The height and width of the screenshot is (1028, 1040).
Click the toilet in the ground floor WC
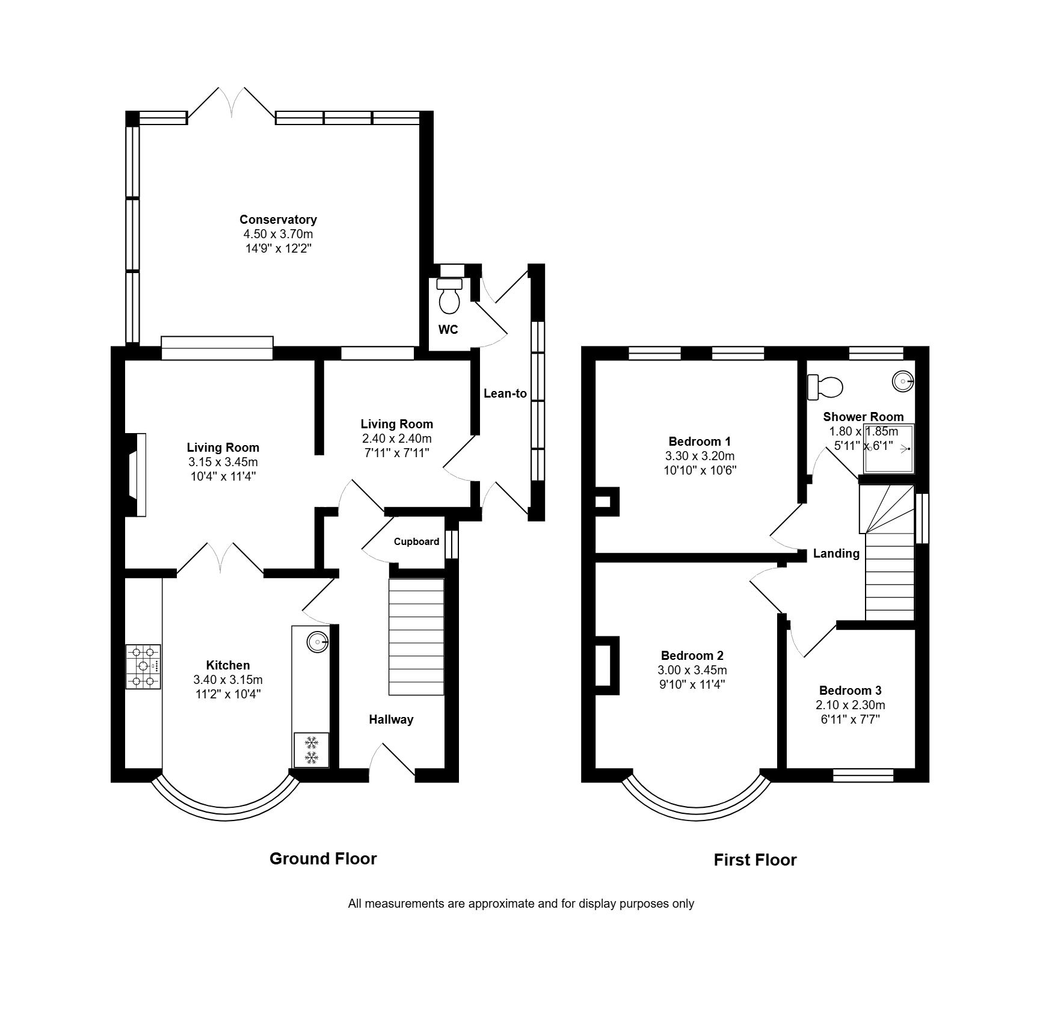(x=449, y=295)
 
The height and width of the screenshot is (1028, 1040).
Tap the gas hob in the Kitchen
(x=143, y=666)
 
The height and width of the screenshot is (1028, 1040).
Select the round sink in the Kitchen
(x=317, y=642)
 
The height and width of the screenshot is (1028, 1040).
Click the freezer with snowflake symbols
(x=312, y=749)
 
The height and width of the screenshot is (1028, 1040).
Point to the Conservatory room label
(x=278, y=220)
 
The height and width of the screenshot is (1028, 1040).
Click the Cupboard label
(x=416, y=541)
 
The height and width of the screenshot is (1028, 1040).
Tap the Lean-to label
(x=505, y=393)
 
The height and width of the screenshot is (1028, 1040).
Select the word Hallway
(x=391, y=719)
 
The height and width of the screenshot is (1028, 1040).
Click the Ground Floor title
(x=323, y=858)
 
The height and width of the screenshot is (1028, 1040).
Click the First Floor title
(x=755, y=860)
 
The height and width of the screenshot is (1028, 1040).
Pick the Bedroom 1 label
(x=700, y=442)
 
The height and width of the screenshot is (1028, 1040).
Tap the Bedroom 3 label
(x=851, y=691)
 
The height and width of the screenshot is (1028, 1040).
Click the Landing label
(x=836, y=553)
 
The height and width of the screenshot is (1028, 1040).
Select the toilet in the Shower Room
(x=825, y=387)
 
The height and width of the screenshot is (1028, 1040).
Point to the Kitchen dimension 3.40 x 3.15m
(x=228, y=680)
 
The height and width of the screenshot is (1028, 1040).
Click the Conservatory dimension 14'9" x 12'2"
(x=278, y=248)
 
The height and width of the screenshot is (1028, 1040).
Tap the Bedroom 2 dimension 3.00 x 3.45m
(x=692, y=670)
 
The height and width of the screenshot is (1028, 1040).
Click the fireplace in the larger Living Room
(x=135, y=475)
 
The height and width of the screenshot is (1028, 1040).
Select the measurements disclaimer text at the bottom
(x=521, y=903)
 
